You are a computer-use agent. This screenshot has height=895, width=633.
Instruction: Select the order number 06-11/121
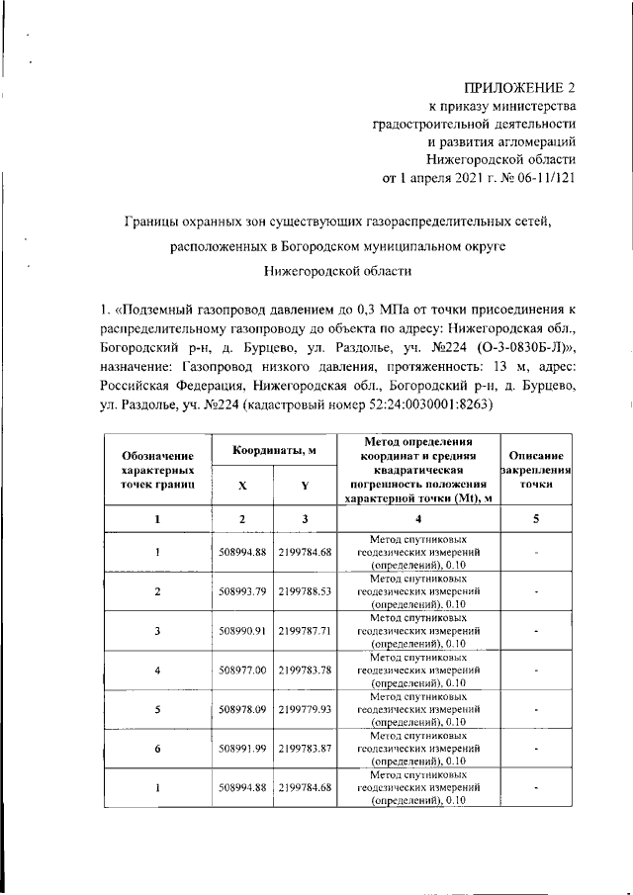pyautogui.click(x=540, y=178)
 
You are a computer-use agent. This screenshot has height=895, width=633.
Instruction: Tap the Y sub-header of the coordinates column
pyautogui.click(x=305, y=485)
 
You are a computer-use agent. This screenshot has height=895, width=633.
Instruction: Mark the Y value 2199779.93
pyautogui.click(x=305, y=709)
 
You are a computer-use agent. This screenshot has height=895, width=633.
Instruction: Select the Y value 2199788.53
pyautogui.click(x=305, y=591)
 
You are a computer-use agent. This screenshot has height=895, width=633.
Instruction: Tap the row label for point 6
pyautogui.click(x=157, y=749)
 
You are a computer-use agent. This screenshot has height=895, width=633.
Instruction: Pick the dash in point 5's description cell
pyautogui.click(x=536, y=709)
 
